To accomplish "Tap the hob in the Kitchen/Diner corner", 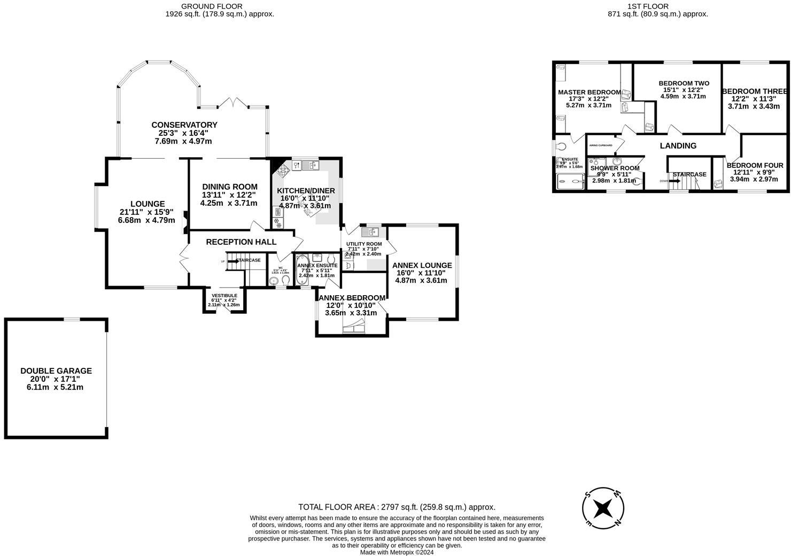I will point(282,169).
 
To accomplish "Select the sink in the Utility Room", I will point(370,232).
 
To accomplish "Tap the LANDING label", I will point(678,145).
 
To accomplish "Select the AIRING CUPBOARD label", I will point(600,145).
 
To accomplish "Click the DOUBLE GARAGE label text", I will point(56,370).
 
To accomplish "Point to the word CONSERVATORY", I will point(184,125).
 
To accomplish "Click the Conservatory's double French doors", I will point(233,103).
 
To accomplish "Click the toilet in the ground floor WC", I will point(285,280).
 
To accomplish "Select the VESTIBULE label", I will point(224,296).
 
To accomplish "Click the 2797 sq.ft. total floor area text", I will point(397,507).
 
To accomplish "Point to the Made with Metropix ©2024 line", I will point(397,552).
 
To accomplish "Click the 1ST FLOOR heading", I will point(657,6).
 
